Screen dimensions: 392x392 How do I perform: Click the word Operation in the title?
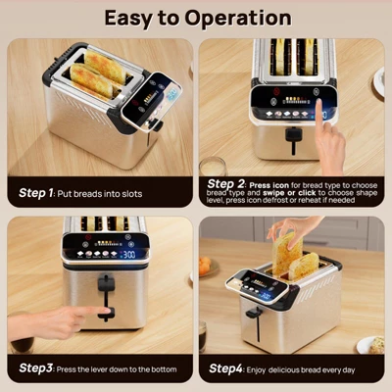(232, 19)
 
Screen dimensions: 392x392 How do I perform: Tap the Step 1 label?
(37, 193)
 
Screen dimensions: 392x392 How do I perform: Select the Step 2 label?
(227, 182)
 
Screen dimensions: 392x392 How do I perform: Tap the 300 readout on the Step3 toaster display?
(128, 253)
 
